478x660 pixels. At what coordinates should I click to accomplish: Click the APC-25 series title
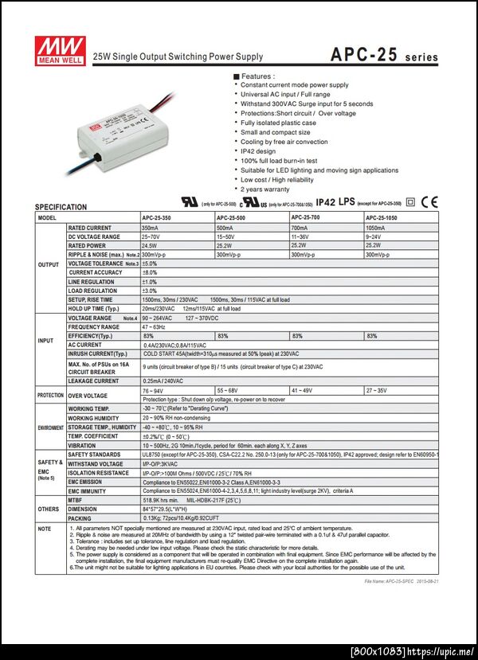(x=384, y=56)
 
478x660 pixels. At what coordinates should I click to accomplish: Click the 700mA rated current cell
(x=300, y=228)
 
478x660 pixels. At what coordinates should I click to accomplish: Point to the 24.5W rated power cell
(x=149, y=245)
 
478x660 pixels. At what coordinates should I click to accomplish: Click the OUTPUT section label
(x=49, y=264)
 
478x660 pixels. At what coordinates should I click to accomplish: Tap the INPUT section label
(x=46, y=340)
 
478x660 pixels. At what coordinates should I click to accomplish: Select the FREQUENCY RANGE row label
(x=94, y=327)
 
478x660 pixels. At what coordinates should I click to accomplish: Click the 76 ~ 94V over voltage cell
(x=153, y=391)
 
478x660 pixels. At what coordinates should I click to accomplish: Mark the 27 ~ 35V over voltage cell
(x=377, y=391)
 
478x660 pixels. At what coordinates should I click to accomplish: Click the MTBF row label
(x=76, y=499)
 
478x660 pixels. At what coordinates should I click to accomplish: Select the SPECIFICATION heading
(x=61, y=207)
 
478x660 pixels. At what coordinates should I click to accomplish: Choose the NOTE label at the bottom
(x=45, y=528)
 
